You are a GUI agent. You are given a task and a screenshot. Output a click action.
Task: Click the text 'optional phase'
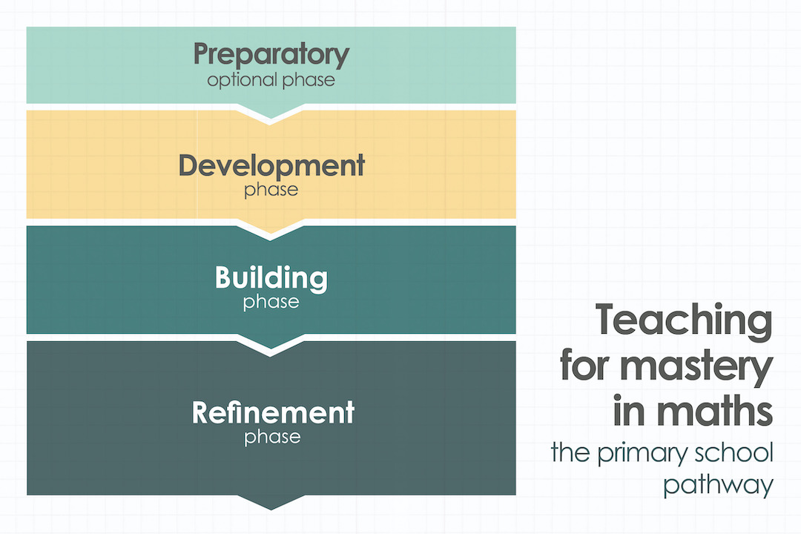(x=271, y=79)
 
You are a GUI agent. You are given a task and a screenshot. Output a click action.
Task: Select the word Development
(x=271, y=166)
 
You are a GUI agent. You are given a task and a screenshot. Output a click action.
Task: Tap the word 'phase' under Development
(x=271, y=189)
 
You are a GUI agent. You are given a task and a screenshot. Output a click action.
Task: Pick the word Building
(x=271, y=278)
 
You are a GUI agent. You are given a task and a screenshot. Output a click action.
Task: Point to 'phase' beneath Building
(x=271, y=302)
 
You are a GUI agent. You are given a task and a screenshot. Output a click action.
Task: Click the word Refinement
(x=273, y=412)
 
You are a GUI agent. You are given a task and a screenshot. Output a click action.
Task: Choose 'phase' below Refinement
(x=272, y=436)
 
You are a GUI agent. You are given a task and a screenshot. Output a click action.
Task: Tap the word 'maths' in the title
(x=710, y=412)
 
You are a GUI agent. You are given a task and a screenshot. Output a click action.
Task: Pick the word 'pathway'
(x=718, y=485)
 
